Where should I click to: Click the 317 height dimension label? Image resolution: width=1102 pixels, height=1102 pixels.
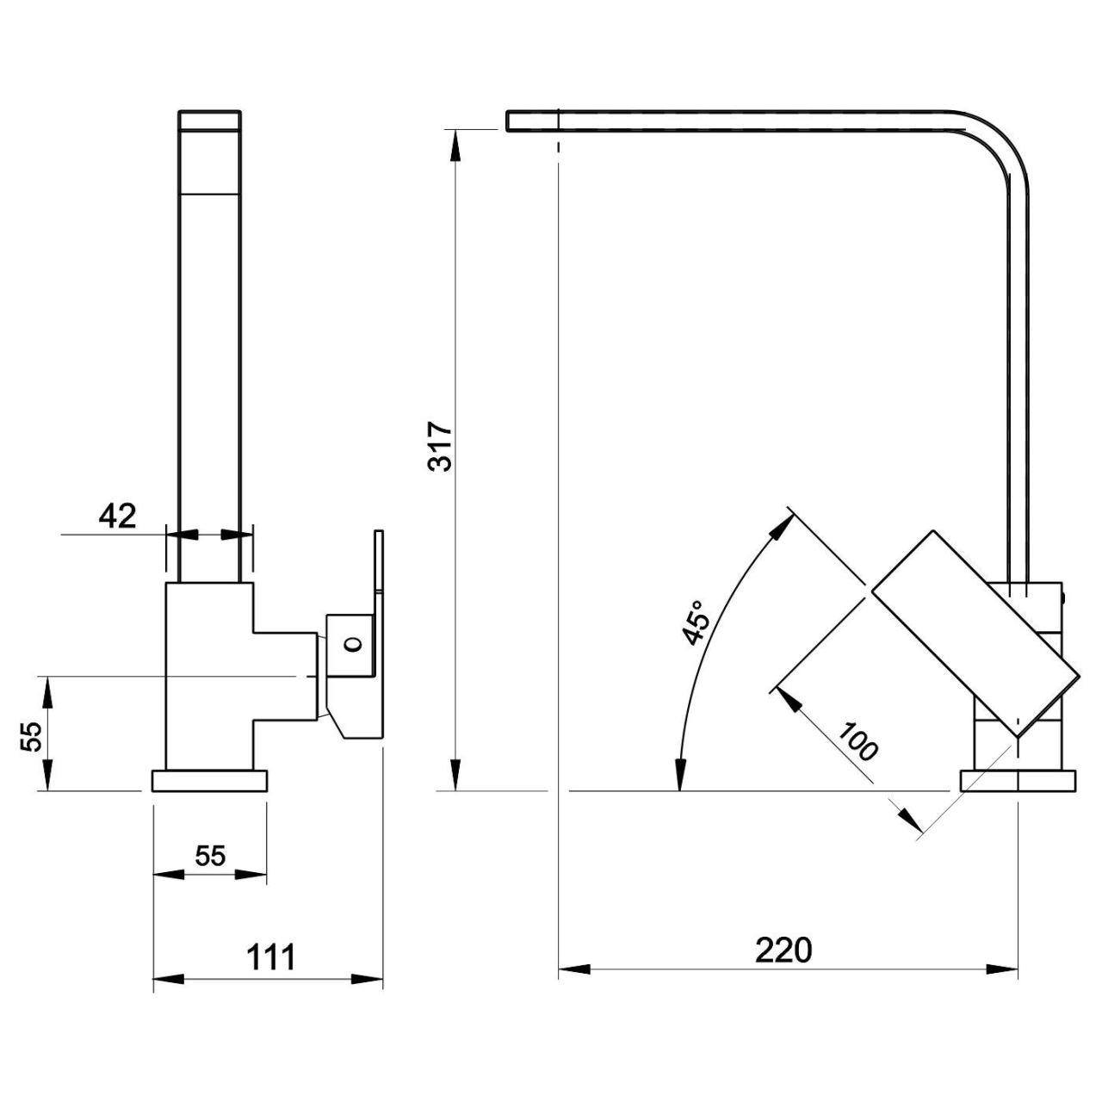[x=440, y=447]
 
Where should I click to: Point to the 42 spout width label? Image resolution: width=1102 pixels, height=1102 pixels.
[x=118, y=517]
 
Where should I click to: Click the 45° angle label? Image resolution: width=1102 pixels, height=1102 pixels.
[x=696, y=623]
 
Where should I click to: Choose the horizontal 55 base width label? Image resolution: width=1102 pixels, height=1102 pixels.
[x=210, y=856]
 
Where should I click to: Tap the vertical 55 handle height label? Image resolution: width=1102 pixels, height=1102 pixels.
[x=31, y=737]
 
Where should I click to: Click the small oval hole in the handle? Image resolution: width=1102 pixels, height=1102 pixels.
[x=353, y=645]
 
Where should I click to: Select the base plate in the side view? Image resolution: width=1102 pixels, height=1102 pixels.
[x=1018, y=781]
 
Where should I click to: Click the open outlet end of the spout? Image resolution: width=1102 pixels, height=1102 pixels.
[x=508, y=120]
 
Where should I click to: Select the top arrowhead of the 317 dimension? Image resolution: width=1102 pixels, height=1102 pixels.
[x=455, y=147]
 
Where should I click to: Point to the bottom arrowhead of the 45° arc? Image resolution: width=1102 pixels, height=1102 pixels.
[x=680, y=774]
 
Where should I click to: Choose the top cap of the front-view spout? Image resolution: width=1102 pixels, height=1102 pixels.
[x=209, y=120]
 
